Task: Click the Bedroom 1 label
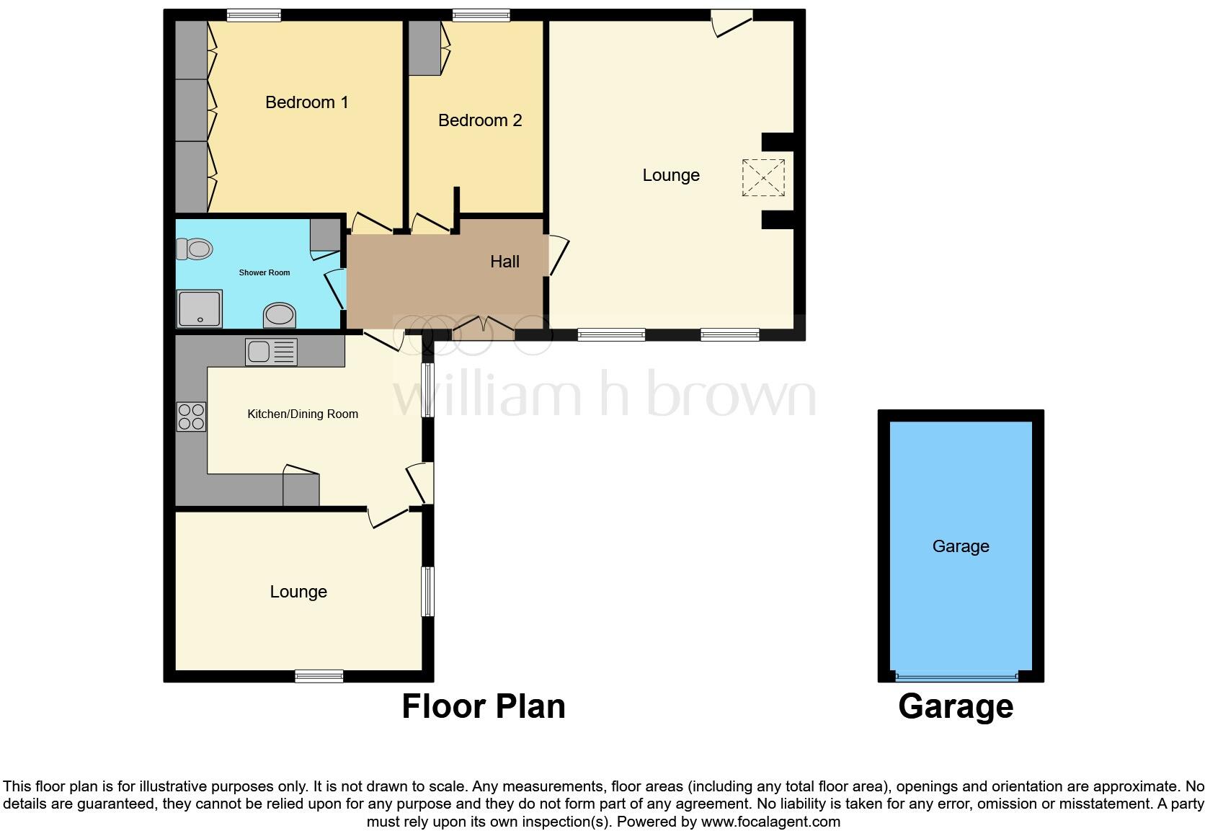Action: click(306, 102)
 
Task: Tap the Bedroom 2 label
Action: click(479, 120)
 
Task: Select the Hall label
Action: click(504, 262)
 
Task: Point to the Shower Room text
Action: click(264, 272)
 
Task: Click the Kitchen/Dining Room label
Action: click(303, 414)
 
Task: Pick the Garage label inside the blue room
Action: click(960, 546)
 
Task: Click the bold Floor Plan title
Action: click(483, 706)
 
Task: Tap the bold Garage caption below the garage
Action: click(955, 706)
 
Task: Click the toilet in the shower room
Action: click(195, 249)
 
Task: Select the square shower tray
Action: click(200, 308)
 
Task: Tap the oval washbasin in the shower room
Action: click(280, 315)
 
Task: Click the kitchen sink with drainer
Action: click(271, 352)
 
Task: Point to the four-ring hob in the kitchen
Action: click(191, 417)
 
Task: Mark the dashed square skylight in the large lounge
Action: click(763, 176)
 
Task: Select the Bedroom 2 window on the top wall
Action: click(481, 14)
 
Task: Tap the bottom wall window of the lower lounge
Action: click(319, 675)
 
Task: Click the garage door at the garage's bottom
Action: click(956, 677)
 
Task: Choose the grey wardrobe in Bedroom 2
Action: click(425, 48)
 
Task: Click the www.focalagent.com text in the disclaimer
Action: click(770, 821)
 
